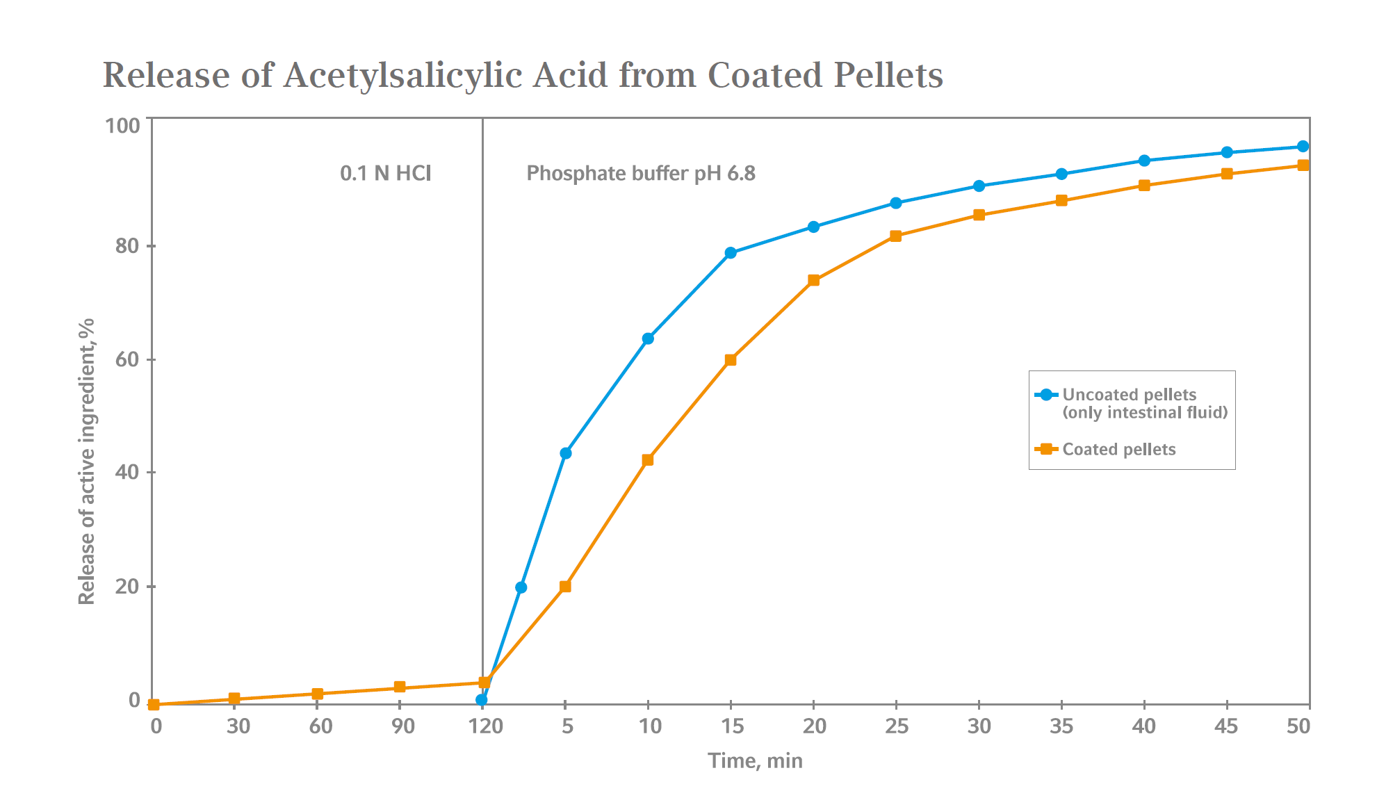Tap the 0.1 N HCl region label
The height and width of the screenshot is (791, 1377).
[385, 173]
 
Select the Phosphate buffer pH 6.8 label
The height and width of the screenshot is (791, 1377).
[640, 173]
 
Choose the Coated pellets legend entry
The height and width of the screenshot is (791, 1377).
[1118, 450]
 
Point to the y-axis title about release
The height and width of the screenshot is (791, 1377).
[86, 462]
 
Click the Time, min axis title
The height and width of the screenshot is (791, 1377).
[755, 760]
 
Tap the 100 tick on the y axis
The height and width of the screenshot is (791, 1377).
[122, 126]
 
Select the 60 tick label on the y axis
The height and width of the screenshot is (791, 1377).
[127, 359]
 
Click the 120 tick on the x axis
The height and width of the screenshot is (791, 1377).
[484, 726]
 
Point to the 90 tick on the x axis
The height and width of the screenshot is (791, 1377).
[402, 726]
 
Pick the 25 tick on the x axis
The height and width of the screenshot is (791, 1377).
[897, 726]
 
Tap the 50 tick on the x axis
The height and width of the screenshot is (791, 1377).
[1298, 726]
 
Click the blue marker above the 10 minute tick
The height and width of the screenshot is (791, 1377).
[648, 339]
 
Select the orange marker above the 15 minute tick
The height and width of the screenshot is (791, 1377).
[731, 360]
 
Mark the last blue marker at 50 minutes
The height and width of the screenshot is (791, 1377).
[1303, 147]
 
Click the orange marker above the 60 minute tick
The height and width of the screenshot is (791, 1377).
[318, 694]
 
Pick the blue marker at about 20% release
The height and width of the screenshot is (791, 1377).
[521, 587]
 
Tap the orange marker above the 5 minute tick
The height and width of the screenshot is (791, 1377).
[565, 587]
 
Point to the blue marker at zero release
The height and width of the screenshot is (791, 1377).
[482, 700]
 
